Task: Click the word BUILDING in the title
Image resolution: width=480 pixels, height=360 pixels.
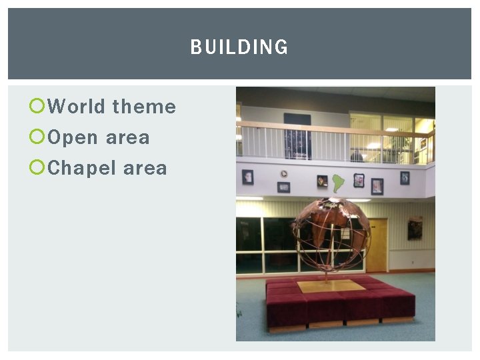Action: pyautogui.click(x=239, y=47)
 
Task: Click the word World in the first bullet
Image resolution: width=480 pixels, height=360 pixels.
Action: pyautogui.click(x=77, y=107)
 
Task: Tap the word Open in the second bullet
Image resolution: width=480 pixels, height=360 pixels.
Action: pyautogui.click(x=72, y=138)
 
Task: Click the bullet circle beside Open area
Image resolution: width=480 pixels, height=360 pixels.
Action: pyautogui.click(x=37, y=137)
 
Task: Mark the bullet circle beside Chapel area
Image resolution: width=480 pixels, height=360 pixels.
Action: pyautogui.click(x=37, y=168)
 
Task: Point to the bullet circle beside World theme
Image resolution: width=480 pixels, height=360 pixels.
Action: pyautogui.click(x=37, y=106)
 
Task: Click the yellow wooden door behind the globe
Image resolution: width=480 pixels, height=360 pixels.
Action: pyautogui.click(x=377, y=245)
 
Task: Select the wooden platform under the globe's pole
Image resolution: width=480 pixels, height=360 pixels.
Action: pyautogui.click(x=331, y=286)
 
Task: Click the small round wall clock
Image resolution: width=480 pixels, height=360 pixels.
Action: pyautogui.click(x=284, y=174)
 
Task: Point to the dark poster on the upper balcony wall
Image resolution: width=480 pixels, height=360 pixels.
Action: pyautogui.click(x=297, y=137)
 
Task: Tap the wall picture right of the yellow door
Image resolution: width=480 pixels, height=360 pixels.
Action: pyautogui.click(x=415, y=229)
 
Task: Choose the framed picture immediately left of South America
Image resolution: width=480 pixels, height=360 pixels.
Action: pyautogui.click(x=322, y=181)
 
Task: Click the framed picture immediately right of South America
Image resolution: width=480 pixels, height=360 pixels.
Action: pyautogui.click(x=359, y=180)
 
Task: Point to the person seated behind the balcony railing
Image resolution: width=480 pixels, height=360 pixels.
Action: pyautogui.click(x=357, y=155)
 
